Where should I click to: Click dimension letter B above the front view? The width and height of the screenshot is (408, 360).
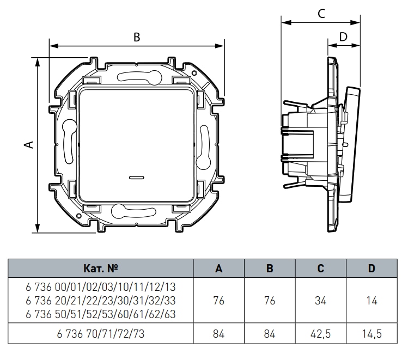(x=137, y=37)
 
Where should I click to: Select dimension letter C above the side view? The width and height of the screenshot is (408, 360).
(x=321, y=14)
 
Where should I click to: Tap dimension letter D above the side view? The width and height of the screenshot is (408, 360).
(x=343, y=36)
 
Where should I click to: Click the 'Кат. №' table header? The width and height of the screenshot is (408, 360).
(x=101, y=269)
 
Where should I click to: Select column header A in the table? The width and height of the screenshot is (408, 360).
(x=218, y=269)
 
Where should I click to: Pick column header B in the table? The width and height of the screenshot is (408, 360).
(x=270, y=269)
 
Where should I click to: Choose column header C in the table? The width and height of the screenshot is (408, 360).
(x=321, y=269)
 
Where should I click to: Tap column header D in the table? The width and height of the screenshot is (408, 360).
(x=372, y=269)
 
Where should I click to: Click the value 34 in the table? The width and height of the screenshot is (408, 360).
(x=321, y=301)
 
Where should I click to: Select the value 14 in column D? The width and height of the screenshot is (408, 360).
(x=372, y=301)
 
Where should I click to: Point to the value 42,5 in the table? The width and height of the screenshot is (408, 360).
(x=321, y=333)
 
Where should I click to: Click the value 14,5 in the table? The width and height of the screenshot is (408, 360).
(x=372, y=333)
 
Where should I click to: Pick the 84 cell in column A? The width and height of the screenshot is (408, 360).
(x=218, y=333)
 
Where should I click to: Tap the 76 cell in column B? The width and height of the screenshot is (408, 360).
(x=270, y=301)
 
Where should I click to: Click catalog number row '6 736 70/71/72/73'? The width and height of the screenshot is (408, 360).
(x=101, y=333)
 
